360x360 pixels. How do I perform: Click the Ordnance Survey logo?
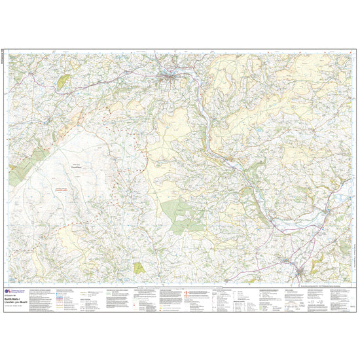point(8,292)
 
